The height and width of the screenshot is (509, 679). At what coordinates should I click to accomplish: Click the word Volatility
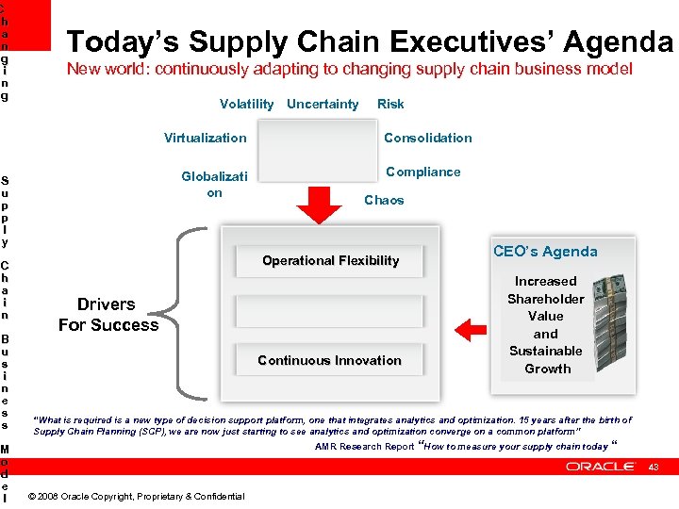246,104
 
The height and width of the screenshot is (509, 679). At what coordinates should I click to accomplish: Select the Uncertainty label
323,104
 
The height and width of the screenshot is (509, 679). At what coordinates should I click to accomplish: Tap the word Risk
390,104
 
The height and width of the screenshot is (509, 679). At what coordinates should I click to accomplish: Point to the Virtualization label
205,138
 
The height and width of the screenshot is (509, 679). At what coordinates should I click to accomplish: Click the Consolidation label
428,138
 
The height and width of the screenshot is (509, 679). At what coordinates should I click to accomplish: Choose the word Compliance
423,172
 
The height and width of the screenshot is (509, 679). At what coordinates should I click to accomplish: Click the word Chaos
384,200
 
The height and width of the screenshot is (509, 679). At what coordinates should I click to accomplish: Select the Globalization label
214,184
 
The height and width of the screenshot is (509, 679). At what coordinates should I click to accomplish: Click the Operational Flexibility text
330,260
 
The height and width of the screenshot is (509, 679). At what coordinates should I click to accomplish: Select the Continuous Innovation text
329,360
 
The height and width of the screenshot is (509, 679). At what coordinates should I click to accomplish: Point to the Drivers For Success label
108,315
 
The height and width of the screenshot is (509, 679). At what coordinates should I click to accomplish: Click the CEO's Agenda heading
545,252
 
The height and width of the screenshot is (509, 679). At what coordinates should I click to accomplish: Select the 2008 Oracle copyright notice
137,497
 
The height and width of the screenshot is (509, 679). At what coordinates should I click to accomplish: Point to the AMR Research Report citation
364,447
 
